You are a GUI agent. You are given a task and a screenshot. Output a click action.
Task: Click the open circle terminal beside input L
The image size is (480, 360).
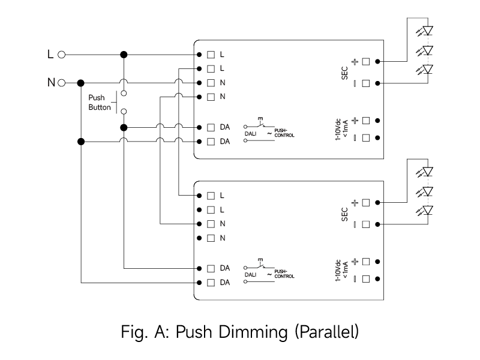(62, 55)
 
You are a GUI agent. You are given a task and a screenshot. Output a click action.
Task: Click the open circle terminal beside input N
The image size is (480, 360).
(62, 83)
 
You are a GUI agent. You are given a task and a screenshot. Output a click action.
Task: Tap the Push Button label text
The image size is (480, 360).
(100, 103)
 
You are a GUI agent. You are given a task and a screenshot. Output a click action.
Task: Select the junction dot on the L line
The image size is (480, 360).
(124, 55)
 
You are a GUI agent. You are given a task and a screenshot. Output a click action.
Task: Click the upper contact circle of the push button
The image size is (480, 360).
(124, 94)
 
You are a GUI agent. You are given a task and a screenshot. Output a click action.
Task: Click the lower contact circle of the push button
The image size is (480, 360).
(124, 112)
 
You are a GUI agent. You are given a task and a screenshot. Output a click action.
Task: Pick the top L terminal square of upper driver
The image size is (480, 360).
(211, 55)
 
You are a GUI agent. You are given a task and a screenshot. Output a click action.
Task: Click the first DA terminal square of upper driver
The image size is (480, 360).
(211, 127)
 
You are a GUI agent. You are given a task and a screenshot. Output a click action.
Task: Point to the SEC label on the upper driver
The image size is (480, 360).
(344, 73)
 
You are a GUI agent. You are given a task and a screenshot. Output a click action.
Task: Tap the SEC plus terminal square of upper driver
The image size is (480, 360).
(366, 62)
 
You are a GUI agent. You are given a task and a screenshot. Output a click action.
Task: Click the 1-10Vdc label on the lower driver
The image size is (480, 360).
(338, 271)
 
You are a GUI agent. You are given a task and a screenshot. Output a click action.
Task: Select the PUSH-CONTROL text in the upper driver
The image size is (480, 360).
(284, 133)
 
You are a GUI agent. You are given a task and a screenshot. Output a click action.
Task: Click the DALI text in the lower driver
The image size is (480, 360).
(250, 275)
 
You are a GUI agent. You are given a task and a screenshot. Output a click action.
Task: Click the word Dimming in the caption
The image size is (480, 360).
(253, 332)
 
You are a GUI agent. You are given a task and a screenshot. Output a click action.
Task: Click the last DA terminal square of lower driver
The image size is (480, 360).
(211, 283)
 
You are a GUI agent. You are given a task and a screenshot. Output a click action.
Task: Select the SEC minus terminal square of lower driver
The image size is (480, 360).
(366, 224)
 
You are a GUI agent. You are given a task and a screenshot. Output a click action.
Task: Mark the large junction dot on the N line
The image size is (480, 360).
(81, 83)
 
